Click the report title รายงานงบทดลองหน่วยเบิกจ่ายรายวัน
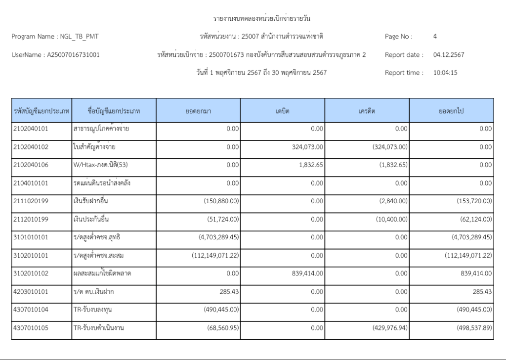tap(262, 19)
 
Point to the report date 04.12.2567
tap(449, 55)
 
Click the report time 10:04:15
tap(445, 73)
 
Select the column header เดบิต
tap(283, 111)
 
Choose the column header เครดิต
tap(367, 111)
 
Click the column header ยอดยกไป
tap(451, 111)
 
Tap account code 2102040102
tap(31, 147)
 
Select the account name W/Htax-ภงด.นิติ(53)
tap(100, 165)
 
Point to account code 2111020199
tap(31, 201)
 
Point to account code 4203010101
tap(31, 292)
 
